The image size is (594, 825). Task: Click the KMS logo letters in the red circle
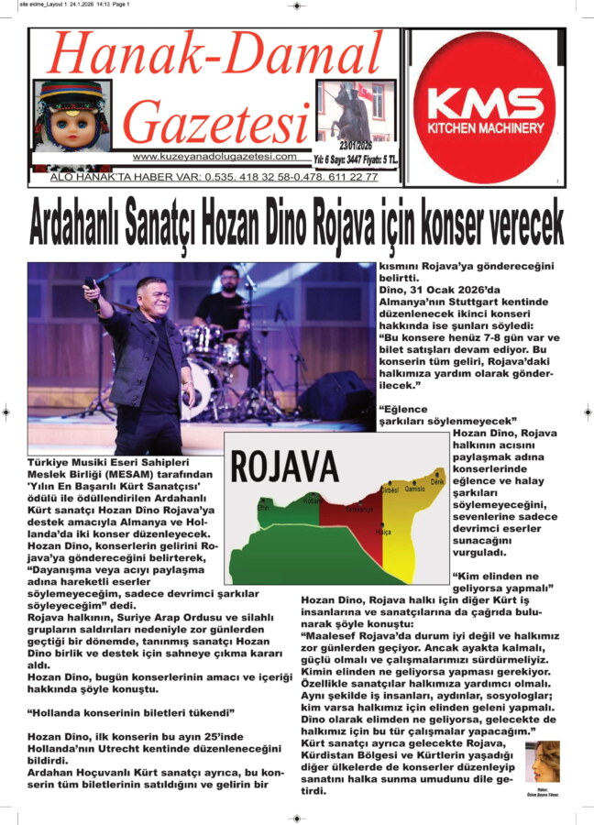pyautogui.click(x=485, y=102)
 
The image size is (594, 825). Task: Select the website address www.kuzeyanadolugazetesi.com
pyautogui.click(x=214, y=157)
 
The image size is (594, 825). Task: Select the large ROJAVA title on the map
pyautogui.click(x=285, y=466)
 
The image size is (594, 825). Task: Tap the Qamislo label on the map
pyautogui.click(x=415, y=490)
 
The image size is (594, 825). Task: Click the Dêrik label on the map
pyautogui.click(x=437, y=482)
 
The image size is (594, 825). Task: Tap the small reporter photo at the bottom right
pyautogui.click(x=543, y=764)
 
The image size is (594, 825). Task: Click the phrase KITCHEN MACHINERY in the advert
pyautogui.click(x=485, y=129)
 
